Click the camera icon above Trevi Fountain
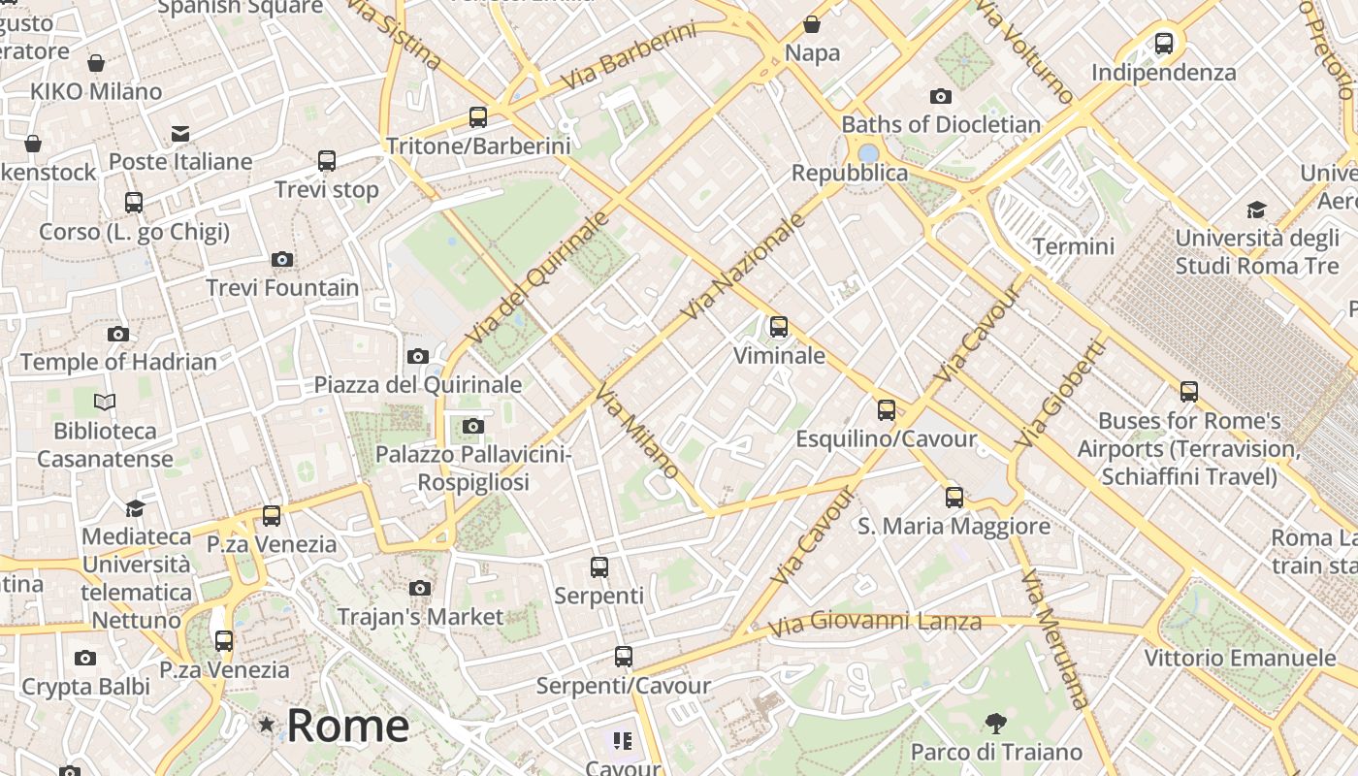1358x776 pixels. pyautogui.click(x=282, y=259)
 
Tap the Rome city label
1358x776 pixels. pyautogui.click(x=347, y=726)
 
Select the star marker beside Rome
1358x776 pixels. pyautogui.click(x=266, y=725)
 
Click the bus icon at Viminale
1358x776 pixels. pyautogui.click(x=779, y=327)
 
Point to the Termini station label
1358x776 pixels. pyautogui.click(x=1073, y=246)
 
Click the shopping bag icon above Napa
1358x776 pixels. pyautogui.click(x=812, y=24)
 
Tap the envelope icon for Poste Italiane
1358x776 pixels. pyautogui.click(x=180, y=134)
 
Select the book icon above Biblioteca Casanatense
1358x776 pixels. pyautogui.click(x=105, y=402)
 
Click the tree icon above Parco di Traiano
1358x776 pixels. pyautogui.click(x=995, y=724)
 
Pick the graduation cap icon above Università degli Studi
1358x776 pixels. pyautogui.click(x=1256, y=210)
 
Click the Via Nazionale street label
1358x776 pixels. pyautogui.click(x=744, y=267)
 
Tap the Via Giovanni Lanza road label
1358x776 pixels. pyautogui.click(x=875, y=622)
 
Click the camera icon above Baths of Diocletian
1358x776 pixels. pyautogui.click(x=940, y=96)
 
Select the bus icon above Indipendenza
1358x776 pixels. pyautogui.click(x=1164, y=44)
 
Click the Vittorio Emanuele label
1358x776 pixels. pyautogui.click(x=1240, y=659)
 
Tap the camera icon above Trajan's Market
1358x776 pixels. pyautogui.click(x=420, y=588)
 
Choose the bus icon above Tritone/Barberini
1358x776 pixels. pyautogui.click(x=478, y=117)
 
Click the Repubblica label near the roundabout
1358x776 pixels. pyautogui.click(x=850, y=174)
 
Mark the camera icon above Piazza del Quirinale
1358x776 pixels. pyautogui.click(x=418, y=356)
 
